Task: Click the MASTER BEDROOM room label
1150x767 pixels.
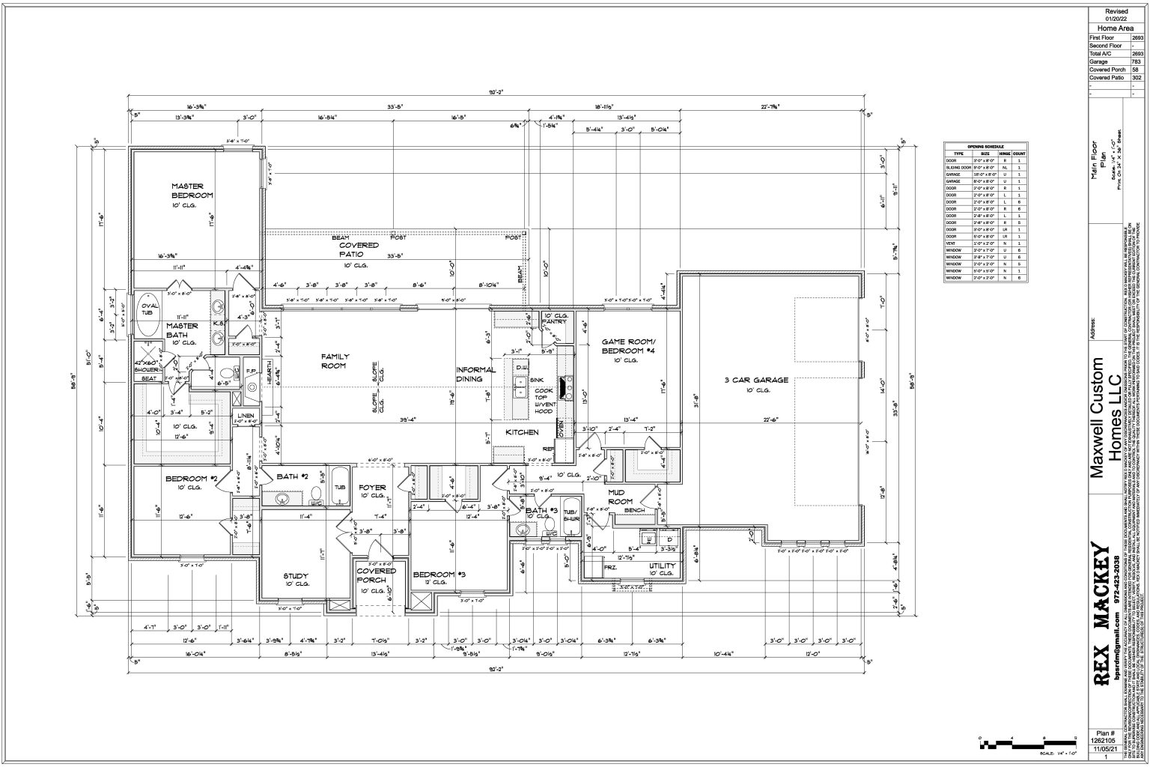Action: (x=192, y=190)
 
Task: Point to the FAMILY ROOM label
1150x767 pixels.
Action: (x=335, y=361)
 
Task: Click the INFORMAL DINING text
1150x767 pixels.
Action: (x=476, y=375)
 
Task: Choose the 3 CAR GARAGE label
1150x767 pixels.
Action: (x=756, y=380)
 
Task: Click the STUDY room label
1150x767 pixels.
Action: (x=296, y=575)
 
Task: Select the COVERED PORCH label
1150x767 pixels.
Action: (x=376, y=575)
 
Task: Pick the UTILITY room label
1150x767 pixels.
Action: (x=663, y=566)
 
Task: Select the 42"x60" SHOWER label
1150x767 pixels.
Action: (x=147, y=366)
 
